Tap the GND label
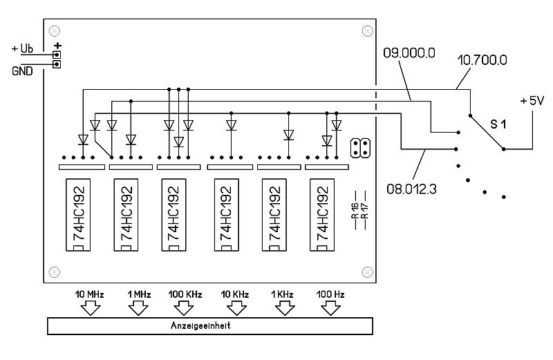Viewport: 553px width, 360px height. [23, 70]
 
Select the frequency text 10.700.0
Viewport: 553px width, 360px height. [482, 60]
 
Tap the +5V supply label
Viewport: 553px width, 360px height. [534, 100]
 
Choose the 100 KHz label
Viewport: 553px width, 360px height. [185, 294]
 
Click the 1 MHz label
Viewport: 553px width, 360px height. [138, 294]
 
